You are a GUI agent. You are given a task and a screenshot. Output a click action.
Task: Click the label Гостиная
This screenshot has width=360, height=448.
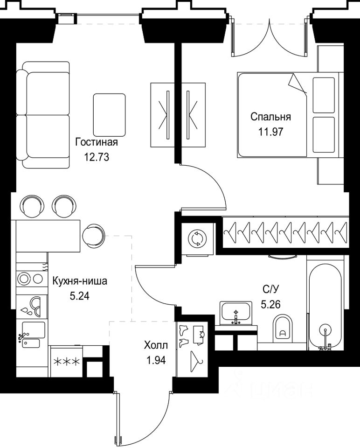pos(97,142)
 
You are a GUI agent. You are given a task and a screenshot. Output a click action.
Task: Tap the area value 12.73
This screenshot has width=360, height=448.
pos(97,157)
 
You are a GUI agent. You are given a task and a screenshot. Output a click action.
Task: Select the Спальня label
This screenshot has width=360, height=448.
pos(270,117)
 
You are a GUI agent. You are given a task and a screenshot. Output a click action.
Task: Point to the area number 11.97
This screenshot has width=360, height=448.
pos(270,132)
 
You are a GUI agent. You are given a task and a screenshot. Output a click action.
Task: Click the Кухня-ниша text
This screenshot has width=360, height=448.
pos(80,281)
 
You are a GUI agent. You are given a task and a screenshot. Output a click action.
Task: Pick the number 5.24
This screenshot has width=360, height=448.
pos(80,296)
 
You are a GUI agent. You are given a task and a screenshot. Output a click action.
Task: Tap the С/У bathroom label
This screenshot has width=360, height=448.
pos(270,290)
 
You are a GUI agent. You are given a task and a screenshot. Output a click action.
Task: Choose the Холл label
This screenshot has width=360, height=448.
pos(156,345)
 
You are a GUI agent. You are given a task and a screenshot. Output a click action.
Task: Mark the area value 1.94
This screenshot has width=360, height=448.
pos(156,360)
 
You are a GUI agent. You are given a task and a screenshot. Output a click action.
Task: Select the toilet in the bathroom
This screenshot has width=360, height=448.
pos(283,329)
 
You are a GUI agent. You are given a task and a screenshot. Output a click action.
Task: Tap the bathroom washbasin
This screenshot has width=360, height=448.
pos(236,313)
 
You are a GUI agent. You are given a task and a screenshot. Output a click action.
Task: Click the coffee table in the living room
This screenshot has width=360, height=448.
pos(109,115)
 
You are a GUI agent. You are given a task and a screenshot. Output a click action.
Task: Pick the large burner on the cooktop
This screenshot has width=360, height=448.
pos(23,278)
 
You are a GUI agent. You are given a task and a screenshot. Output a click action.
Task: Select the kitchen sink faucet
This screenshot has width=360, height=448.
pos(22,336)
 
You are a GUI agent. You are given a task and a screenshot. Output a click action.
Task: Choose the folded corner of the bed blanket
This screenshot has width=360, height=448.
pos(298,84)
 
